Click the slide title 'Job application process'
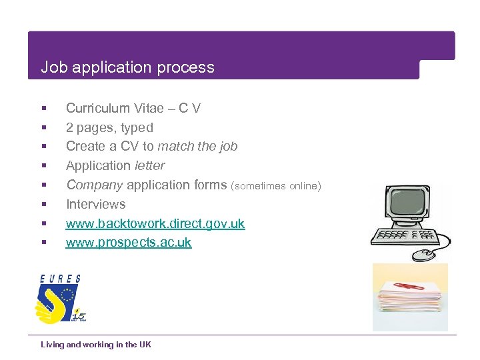coord(127,67)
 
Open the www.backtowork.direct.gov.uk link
coord(155,224)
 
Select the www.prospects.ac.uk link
coord(129,243)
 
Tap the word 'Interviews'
coord(95,205)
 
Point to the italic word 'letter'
coord(149,166)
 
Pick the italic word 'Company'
coord(94,185)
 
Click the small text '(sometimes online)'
coord(276,186)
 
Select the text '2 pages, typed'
coord(109,127)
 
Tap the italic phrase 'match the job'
coord(197,147)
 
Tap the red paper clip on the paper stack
coord(410,287)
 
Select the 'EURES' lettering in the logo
coord(60,279)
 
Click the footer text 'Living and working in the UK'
coord(96,345)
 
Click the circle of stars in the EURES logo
coord(69,295)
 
